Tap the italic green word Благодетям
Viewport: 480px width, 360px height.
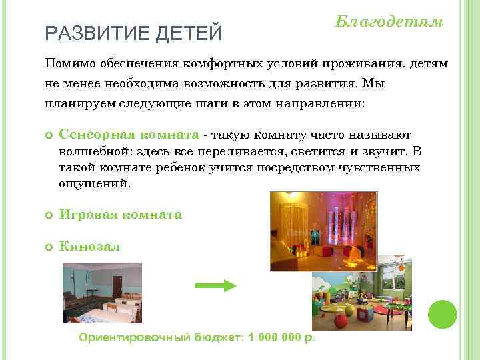(388, 21)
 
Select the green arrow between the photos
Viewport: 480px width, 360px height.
(215, 285)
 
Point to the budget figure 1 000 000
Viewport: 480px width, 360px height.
(274, 337)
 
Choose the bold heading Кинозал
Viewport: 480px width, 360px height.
(89, 247)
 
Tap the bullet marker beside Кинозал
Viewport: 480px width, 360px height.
(49, 247)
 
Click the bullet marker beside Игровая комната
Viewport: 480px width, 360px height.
(49, 215)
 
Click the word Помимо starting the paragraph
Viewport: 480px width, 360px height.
(69, 63)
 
